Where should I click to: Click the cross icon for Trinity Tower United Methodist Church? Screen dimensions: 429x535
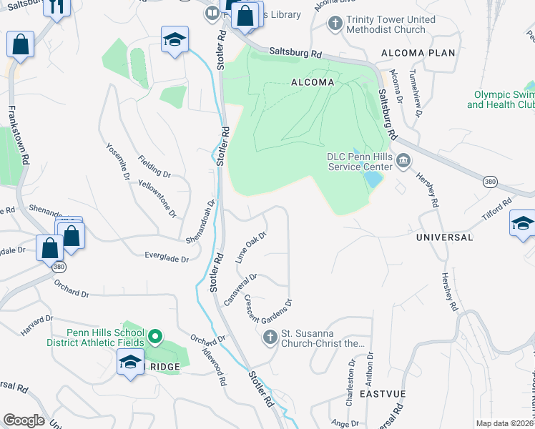coord(334,24)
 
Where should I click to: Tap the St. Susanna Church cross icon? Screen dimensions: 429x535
coord(270,337)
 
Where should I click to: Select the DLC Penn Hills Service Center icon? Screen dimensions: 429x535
coord(403,160)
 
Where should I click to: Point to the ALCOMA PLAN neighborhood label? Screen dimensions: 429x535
coord(418,54)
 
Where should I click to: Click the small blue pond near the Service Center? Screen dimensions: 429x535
coord(372,178)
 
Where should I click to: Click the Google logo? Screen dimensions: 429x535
coord(24,420)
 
